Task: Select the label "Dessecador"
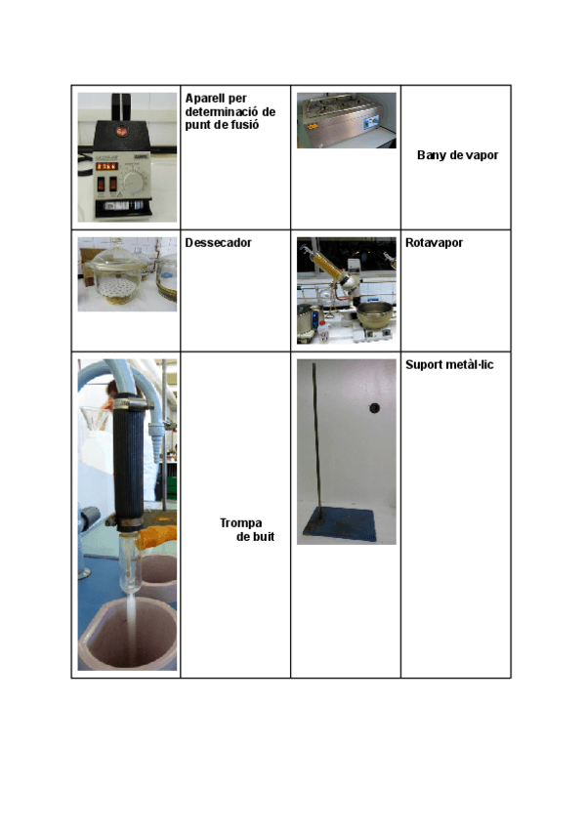pos(218,242)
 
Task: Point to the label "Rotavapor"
pos(434,242)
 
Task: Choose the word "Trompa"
pos(240,522)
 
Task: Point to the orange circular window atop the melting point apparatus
pos(123,129)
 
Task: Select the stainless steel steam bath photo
pos(346,119)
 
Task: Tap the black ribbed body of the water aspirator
pos(131,459)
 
